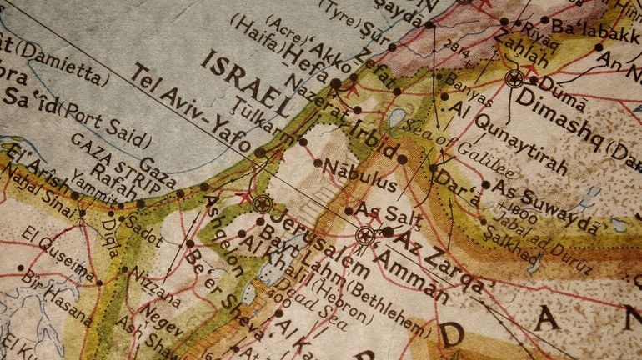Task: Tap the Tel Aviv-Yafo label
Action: click(188, 108)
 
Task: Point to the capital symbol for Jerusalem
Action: click(263, 202)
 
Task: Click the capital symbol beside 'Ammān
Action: click(364, 235)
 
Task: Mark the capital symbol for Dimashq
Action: click(514, 79)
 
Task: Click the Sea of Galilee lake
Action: click(397, 117)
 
